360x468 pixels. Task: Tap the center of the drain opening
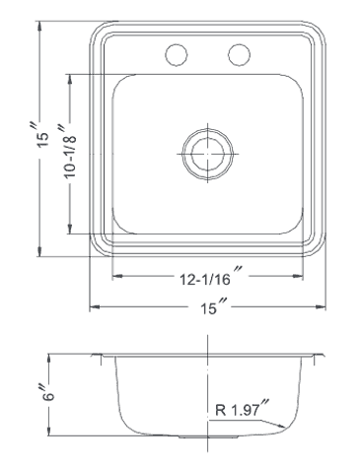click(x=208, y=154)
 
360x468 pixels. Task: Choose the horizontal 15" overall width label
click(x=214, y=306)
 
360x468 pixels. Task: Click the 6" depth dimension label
click(x=47, y=392)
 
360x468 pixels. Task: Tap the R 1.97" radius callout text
click(x=243, y=409)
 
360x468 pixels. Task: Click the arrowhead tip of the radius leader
click(x=285, y=427)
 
